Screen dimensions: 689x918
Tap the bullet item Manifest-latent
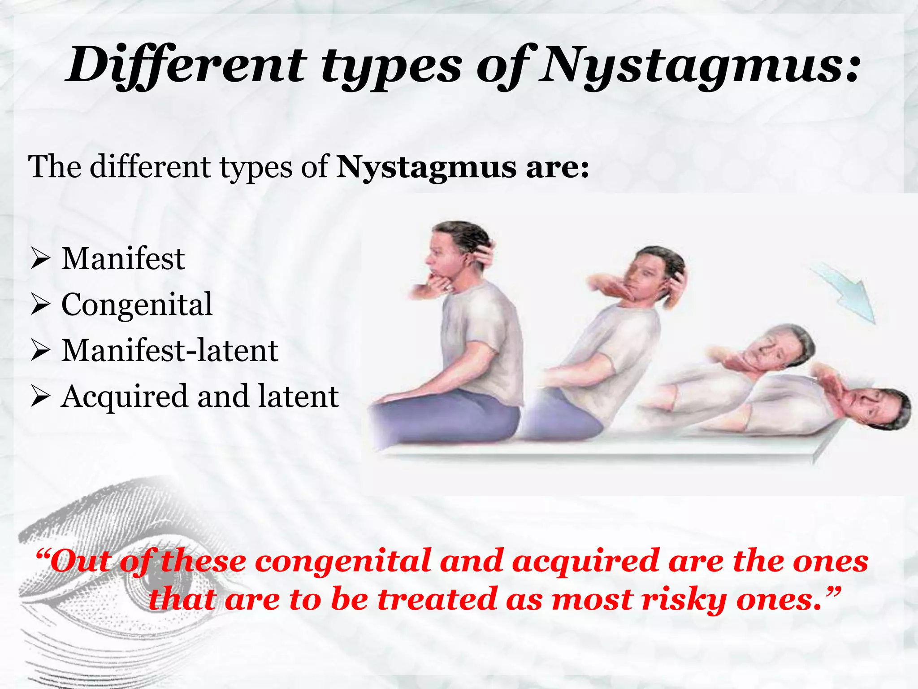point(169,350)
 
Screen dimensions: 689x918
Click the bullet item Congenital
point(137,305)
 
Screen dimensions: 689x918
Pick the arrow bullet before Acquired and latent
point(40,397)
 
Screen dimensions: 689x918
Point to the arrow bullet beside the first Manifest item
point(40,259)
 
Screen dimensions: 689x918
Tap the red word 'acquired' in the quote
point(585,562)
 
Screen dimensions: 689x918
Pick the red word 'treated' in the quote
point(437,600)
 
